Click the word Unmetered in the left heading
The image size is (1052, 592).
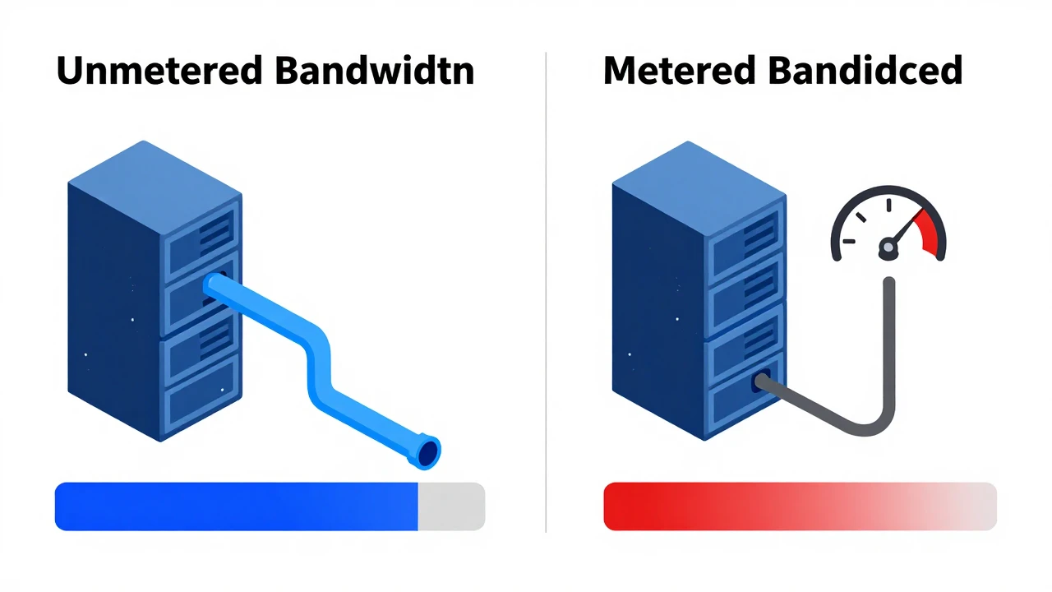pyautogui.click(x=159, y=71)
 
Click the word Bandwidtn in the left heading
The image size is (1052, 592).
pyautogui.click(x=375, y=71)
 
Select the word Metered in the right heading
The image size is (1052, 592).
pyautogui.click(x=679, y=71)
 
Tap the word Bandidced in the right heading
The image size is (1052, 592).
pyautogui.click(x=865, y=71)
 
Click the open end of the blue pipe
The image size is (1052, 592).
pyautogui.click(x=428, y=453)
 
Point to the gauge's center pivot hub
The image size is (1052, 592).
pyautogui.click(x=888, y=247)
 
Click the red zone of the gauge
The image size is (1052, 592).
pyautogui.click(x=930, y=233)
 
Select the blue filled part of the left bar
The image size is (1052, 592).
pyautogui.click(x=236, y=506)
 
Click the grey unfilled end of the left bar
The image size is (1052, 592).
pyautogui.click(x=451, y=506)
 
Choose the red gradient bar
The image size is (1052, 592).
pyautogui.click(x=800, y=506)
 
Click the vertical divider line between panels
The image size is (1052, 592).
pyautogui.click(x=546, y=292)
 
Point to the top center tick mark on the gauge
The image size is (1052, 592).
pyautogui.click(x=888, y=206)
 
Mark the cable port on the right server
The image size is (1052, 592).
pyautogui.click(x=761, y=382)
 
